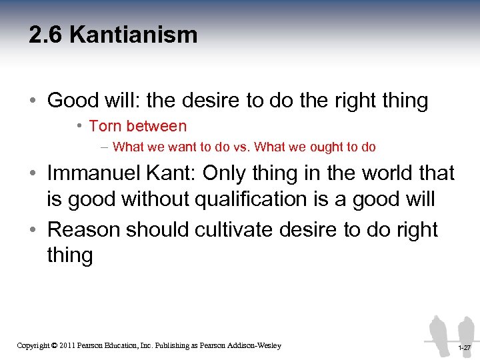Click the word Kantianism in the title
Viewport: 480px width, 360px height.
133,35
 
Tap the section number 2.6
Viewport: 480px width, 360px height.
46,35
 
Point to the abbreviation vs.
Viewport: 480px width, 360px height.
241,147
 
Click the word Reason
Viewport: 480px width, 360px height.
85,229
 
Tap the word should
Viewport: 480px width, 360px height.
159,229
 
